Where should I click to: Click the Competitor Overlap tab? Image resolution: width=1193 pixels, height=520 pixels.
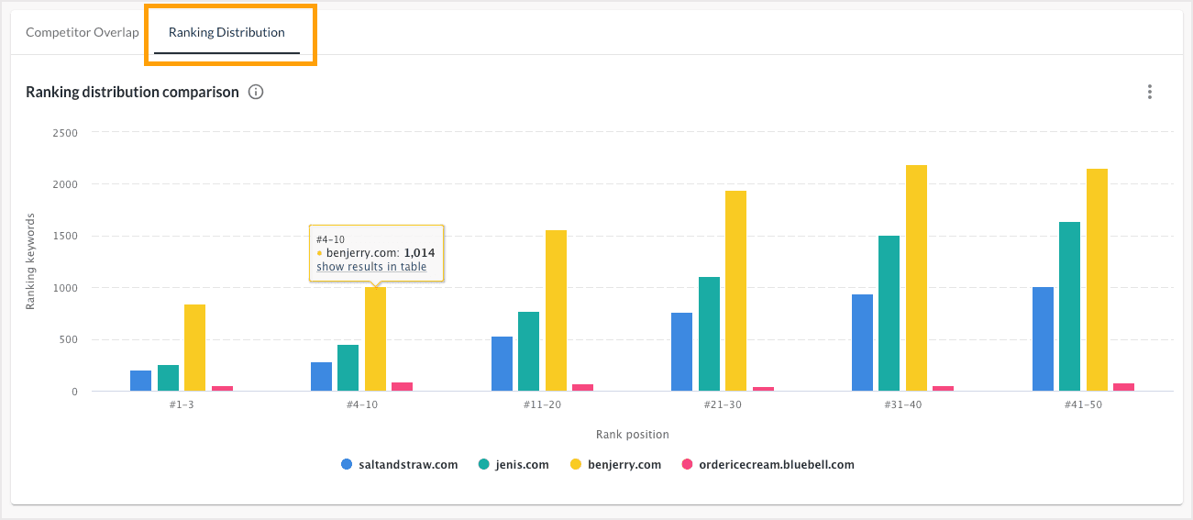coord(83,33)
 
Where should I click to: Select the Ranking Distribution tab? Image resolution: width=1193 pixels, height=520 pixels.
coord(226,33)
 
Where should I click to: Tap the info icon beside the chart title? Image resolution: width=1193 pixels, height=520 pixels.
coord(256,92)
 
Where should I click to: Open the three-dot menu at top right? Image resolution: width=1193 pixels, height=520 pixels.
coord(1149,92)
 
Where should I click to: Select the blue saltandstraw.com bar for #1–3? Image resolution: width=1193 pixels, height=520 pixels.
coord(140,381)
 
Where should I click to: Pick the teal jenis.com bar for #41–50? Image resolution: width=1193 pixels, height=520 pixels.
coord(1069,306)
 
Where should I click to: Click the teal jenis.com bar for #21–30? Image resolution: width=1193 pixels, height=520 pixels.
coord(709,334)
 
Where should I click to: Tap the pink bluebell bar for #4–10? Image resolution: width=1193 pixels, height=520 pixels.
coord(402,386)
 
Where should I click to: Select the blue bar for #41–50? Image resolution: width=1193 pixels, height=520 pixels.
coord(1043,338)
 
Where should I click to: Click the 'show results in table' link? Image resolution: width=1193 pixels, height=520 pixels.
coord(371,267)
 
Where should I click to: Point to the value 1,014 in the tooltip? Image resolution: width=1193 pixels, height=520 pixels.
coord(419,252)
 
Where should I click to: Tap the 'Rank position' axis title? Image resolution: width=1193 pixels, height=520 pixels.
coord(632,434)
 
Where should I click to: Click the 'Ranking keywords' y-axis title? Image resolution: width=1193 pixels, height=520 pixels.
coord(30,261)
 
